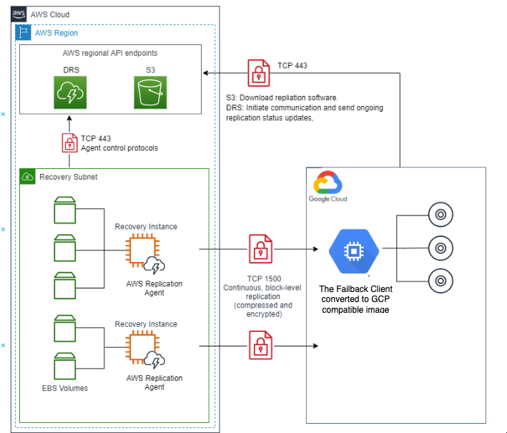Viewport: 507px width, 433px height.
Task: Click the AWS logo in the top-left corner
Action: click(x=19, y=14)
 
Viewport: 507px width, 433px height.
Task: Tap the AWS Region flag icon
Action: click(x=24, y=33)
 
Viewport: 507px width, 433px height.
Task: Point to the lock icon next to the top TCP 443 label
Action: click(x=258, y=73)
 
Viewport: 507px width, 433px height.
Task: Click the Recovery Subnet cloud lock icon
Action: click(x=28, y=176)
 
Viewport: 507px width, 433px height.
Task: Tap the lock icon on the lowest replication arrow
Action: click(x=258, y=345)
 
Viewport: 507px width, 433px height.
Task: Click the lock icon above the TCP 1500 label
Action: click(x=258, y=250)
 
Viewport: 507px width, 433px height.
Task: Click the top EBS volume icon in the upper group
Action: click(x=64, y=210)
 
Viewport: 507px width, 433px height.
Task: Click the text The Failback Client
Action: click(x=360, y=288)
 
